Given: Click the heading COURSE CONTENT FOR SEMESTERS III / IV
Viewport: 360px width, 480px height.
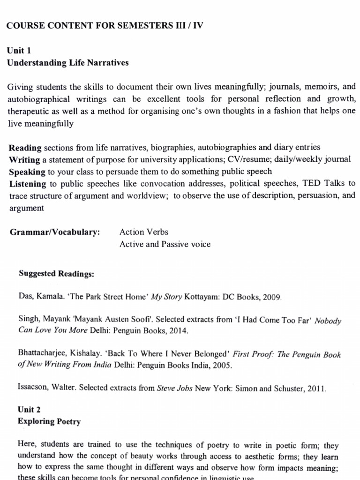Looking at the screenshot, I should point(105,26).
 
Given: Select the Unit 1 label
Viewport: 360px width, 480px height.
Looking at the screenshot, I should point(19,51).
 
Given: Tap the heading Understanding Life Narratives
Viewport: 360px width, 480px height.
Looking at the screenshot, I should point(68,62).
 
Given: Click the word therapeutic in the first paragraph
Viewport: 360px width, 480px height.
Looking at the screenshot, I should point(28,111).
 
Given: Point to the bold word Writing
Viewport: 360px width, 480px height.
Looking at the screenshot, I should point(24,160).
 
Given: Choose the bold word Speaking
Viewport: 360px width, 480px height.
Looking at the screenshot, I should point(27,172).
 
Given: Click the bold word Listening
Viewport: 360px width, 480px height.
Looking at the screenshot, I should point(28,184).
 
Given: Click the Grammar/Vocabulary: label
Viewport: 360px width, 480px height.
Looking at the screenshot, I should point(55,232).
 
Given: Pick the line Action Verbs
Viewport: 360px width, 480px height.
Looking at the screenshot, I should point(144,232).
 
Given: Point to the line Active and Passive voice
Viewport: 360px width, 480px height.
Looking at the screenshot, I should point(165,244).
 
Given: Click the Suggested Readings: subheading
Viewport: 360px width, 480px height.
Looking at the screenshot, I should point(56,274).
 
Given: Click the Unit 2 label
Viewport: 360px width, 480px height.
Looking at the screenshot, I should point(29,409).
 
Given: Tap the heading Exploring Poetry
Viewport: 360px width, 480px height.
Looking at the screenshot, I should point(49,421).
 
